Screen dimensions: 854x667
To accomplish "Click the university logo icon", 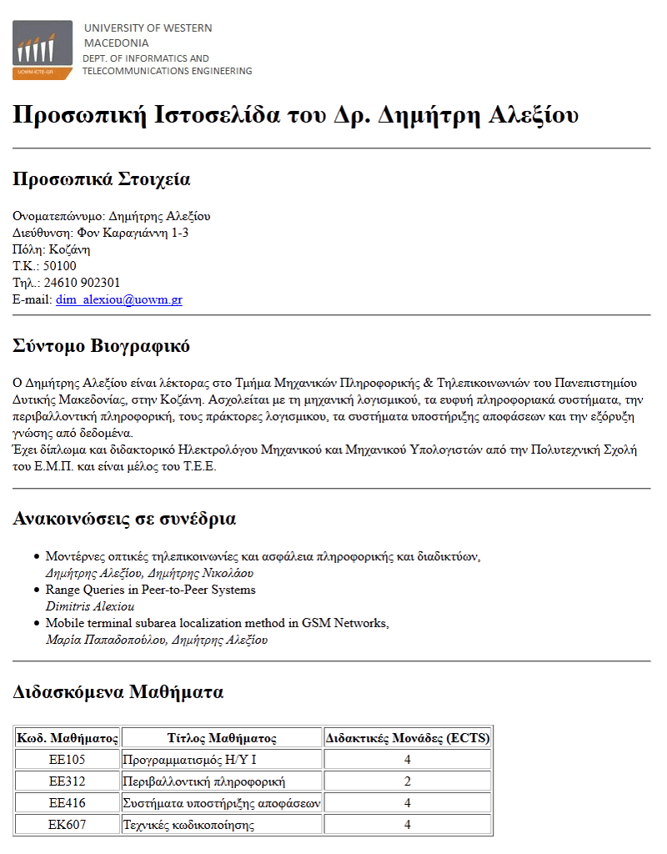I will click(43, 50).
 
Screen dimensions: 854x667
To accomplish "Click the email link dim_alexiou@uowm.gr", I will click(118, 299).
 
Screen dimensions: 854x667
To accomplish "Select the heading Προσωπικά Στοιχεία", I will click(102, 179).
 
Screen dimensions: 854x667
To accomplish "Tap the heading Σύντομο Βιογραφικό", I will click(102, 346).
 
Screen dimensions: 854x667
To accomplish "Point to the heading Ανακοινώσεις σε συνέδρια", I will click(124, 519).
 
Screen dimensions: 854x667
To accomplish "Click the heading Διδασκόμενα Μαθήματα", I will click(118, 692).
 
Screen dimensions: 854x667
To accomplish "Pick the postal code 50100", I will click(60, 266).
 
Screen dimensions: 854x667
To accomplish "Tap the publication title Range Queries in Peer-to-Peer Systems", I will click(150, 590).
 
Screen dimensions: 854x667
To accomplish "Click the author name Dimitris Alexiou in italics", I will click(89, 606).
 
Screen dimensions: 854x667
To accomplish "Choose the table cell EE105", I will click(68, 760).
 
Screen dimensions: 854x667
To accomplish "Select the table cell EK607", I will click(68, 825).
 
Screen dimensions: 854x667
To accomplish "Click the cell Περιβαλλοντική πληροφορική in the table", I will click(204, 781).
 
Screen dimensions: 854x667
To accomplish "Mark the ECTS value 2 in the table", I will click(408, 781).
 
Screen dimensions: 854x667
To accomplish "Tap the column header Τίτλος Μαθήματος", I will click(222, 738).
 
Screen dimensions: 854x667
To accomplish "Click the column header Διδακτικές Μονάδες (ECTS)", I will click(408, 738).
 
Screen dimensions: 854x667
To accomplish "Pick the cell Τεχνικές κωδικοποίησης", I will click(188, 825).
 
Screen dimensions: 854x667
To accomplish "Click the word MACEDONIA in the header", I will click(117, 43).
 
